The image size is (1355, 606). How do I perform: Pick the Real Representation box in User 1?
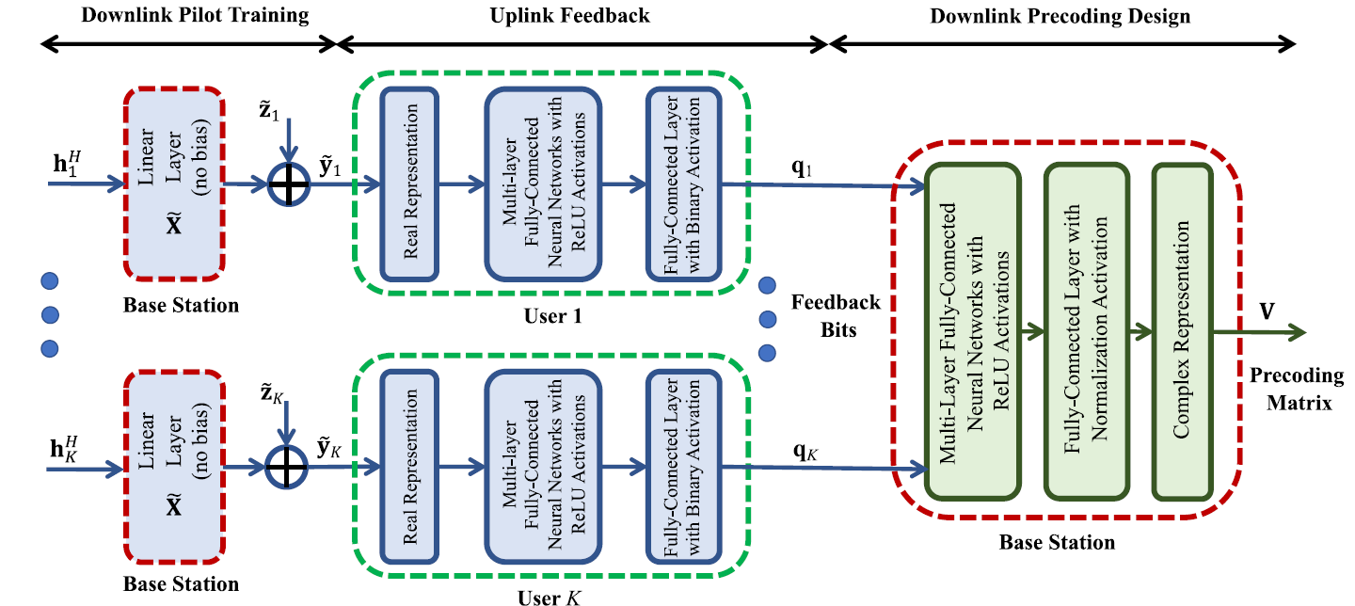[x=409, y=184]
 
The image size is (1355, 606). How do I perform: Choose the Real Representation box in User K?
[x=409, y=465]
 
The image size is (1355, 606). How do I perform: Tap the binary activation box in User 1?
[x=682, y=184]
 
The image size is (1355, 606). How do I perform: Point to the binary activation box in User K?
[x=682, y=465]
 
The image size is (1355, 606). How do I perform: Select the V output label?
[x=1267, y=311]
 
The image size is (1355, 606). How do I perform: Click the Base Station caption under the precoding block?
[x=1057, y=542]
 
